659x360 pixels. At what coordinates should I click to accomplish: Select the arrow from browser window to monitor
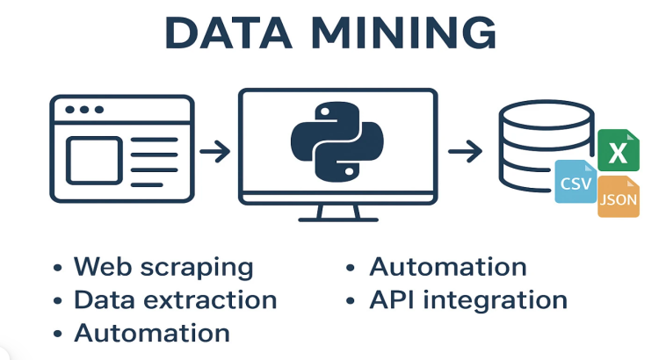pos(214,151)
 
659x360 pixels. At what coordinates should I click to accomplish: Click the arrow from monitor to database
pos(464,151)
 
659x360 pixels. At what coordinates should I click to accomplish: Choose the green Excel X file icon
pos(618,152)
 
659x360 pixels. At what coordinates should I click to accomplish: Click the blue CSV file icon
pos(576,183)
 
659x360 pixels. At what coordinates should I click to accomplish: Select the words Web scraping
pos(163,266)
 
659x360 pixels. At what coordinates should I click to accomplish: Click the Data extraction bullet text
pos(175,299)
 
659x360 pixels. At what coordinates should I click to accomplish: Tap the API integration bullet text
pos(467,299)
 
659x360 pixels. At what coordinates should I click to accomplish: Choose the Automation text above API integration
pos(447,266)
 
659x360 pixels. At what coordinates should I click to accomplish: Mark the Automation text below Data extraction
pos(152,333)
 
